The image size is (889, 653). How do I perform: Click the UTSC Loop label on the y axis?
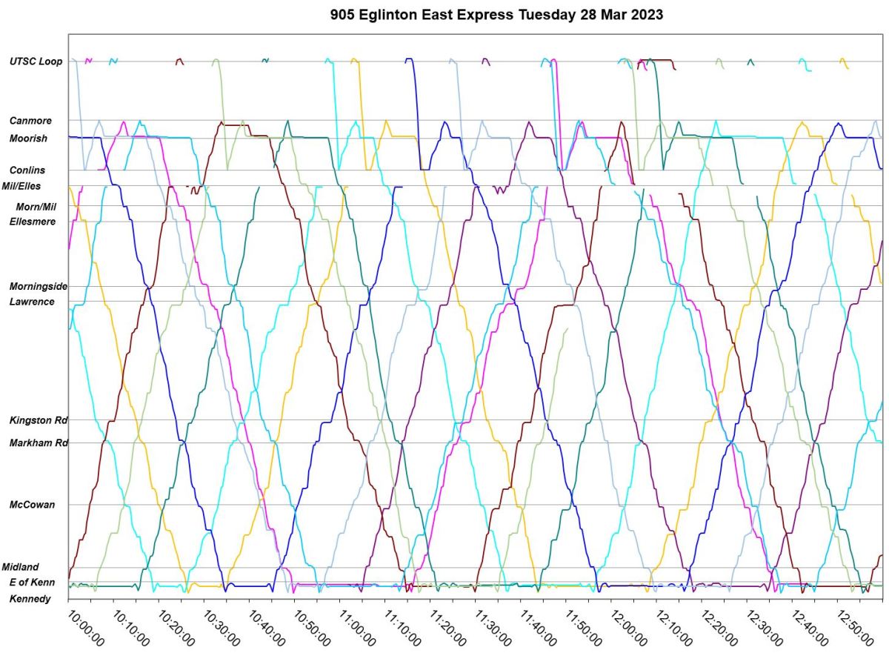coord(36,62)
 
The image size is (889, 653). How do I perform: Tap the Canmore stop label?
coord(30,120)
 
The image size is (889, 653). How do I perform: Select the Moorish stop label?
coord(28,139)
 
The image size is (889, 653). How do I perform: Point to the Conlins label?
coord(27,170)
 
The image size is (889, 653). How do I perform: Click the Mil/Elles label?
coord(22,186)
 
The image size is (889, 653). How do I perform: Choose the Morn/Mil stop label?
coord(36,206)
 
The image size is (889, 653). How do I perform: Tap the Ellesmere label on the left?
coord(33,221)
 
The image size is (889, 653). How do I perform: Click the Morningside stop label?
coord(39,286)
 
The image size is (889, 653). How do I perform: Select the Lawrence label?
coord(31,302)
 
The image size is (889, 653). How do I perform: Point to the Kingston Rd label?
coord(39,420)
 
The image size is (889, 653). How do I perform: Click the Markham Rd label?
coord(39,443)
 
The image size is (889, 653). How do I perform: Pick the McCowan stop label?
coord(31,505)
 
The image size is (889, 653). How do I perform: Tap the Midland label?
coord(20,567)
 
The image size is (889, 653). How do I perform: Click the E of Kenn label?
coord(32,583)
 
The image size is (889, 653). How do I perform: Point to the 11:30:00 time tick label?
coord(492,629)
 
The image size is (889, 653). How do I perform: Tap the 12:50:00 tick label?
coord(854,629)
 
